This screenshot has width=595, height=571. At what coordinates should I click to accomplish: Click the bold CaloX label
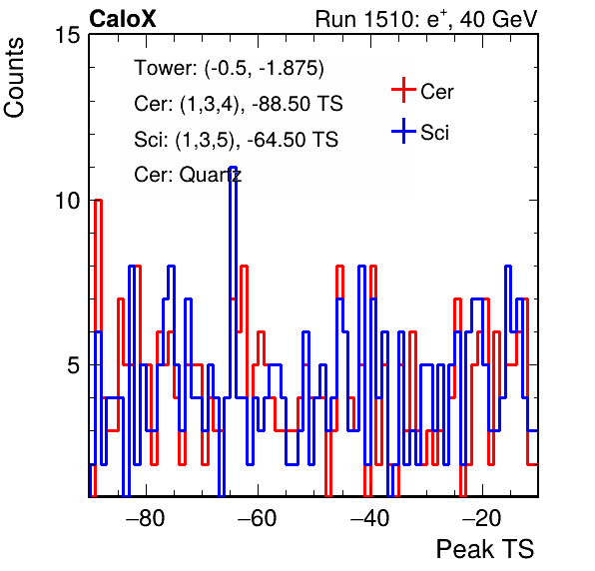click(123, 19)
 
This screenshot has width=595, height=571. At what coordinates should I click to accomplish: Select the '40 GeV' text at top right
click(498, 19)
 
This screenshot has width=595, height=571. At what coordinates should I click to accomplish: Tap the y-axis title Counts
click(14, 78)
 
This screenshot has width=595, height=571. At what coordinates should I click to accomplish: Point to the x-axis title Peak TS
click(485, 549)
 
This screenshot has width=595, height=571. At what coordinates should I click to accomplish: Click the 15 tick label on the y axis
click(68, 35)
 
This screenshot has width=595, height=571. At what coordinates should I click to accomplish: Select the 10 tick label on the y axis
click(68, 201)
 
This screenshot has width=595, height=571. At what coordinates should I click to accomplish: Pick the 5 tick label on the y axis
click(74, 365)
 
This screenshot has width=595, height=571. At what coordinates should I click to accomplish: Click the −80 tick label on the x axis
click(146, 518)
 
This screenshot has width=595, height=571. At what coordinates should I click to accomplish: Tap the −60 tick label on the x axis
click(258, 518)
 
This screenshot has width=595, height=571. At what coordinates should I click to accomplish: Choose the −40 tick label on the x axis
click(370, 518)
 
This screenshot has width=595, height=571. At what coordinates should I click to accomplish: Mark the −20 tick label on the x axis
click(482, 518)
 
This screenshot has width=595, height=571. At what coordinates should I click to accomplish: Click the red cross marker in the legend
click(403, 90)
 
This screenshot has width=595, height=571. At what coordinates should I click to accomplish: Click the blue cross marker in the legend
click(403, 131)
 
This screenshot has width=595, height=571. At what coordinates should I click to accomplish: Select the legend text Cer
click(436, 92)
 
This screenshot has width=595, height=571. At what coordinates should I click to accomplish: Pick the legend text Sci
click(434, 133)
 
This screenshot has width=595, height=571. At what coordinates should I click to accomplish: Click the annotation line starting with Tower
click(230, 68)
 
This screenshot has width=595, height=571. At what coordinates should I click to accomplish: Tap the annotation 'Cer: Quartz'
click(188, 175)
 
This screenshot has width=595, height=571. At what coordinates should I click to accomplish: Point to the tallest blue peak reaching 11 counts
click(234, 168)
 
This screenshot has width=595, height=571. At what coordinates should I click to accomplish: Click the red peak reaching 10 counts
click(98, 201)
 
